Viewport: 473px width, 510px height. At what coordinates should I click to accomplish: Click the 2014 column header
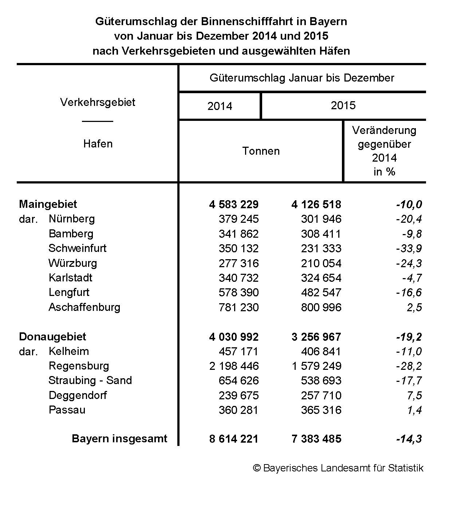click(220, 106)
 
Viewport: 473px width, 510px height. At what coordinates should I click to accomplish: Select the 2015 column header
click(343, 105)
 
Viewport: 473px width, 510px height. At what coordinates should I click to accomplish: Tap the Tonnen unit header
click(261, 151)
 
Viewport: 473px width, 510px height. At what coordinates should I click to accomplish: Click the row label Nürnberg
click(71, 219)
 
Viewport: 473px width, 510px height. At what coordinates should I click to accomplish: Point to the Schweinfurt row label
click(77, 248)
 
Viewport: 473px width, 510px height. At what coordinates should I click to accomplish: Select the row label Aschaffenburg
click(84, 307)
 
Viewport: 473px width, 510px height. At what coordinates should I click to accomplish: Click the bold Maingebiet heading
click(48, 204)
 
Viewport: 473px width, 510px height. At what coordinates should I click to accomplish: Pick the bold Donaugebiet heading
click(52, 337)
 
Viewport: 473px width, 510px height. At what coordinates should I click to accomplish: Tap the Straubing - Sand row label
click(90, 380)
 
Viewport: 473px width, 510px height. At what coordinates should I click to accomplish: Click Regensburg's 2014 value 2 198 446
click(234, 366)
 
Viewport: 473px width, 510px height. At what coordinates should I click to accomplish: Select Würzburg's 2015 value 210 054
click(321, 263)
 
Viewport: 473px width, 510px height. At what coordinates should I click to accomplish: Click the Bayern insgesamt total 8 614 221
click(234, 439)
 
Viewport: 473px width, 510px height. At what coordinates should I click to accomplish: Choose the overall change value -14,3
click(409, 439)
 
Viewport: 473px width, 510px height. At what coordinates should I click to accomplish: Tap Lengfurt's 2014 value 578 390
click(239, 292)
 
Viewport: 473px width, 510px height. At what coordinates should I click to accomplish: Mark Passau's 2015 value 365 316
click(321, 410)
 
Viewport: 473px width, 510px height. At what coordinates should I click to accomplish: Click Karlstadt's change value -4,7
click(412, 278)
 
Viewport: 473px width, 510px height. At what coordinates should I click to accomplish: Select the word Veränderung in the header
click(384, 130)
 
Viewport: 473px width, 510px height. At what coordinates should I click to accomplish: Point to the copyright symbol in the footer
click(257, 468)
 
